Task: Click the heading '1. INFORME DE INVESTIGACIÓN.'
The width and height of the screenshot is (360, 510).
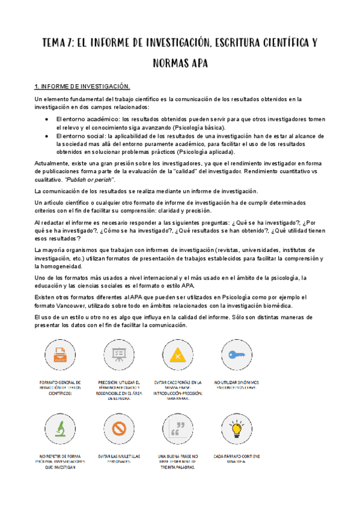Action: click(82, 87)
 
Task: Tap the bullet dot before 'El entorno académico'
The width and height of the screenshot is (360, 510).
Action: click(47, 119)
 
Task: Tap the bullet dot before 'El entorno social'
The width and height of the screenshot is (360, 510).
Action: click(47, 137)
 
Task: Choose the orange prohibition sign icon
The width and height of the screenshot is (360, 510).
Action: click(118, 428)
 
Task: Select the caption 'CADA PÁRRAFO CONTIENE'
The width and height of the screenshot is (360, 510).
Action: click(237, 456)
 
